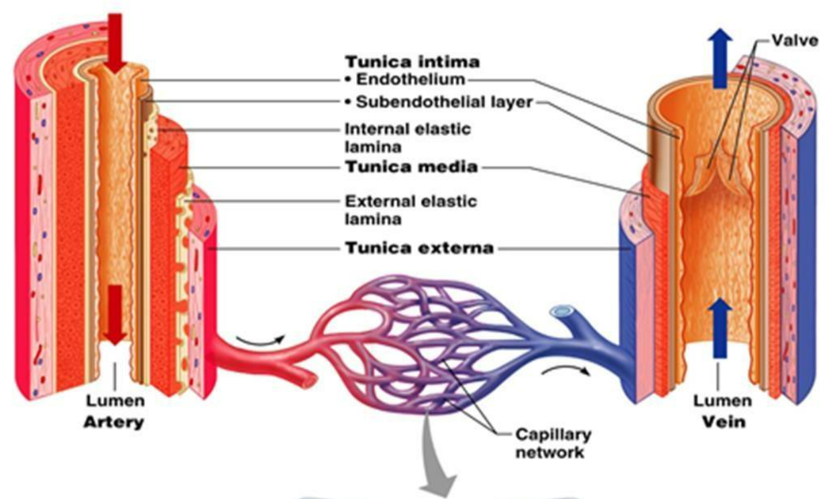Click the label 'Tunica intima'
click(x=412, y=62)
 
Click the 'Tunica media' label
click(x=410, y=167)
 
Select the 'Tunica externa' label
click(x=419, y=249)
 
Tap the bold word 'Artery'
click(x=113, y=423)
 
